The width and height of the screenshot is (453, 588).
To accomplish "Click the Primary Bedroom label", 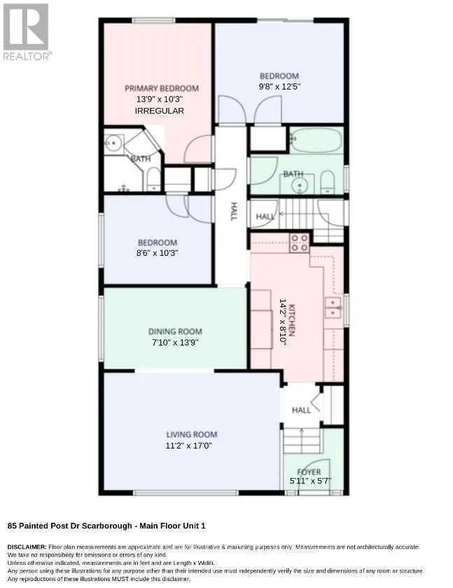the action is (x=162, y=88).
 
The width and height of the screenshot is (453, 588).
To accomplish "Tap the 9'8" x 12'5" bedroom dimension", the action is (x=279, y=87).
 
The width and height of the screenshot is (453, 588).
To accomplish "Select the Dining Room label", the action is (x=175, y=331).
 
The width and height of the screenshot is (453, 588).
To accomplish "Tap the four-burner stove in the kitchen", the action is (x=300, y=242).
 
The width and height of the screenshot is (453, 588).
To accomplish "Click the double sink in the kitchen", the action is (x=333, y=308).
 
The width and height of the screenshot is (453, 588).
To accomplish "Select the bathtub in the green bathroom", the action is (x=316, y=140).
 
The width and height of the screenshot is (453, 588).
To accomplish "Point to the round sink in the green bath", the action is (x=300, y=185).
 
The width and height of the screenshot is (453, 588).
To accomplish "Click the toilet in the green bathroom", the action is (x=328, y=182).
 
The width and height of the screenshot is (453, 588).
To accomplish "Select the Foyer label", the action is (x=309, y=472).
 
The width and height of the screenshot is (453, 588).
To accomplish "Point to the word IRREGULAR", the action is (x=159, y=111).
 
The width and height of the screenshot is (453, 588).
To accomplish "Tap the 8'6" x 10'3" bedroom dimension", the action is (x=157, y=253).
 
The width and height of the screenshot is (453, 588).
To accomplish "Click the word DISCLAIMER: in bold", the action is (x=27, y=547).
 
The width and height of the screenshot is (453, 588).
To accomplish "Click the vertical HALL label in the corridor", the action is (x=233, y=212).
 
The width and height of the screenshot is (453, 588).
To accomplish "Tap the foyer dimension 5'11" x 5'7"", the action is (x=311, y=481).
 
